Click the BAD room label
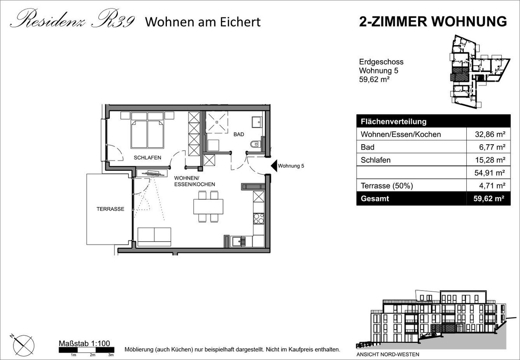pos(239,134)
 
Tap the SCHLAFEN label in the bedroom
pos(147,158)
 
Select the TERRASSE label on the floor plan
pos(110,209)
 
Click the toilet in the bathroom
pos(255,144)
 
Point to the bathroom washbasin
pos(257,122)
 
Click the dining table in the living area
pos(208,207)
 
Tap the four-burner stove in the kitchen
pos(259,219)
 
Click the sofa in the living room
pos(154,237)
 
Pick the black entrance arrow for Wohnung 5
pos(274,166)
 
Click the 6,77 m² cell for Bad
pos(492,147)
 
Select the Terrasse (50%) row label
pos(387,186)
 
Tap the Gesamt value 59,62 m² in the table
pos(489,199)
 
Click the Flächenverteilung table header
pos(394,122)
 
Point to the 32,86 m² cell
pos(490,134)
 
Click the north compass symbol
pos(23,345)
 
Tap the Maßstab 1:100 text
pos(84,343)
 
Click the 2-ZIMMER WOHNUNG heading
pos(433,22)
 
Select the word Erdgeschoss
pos(381,62)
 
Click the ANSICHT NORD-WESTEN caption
pos(388,354)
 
